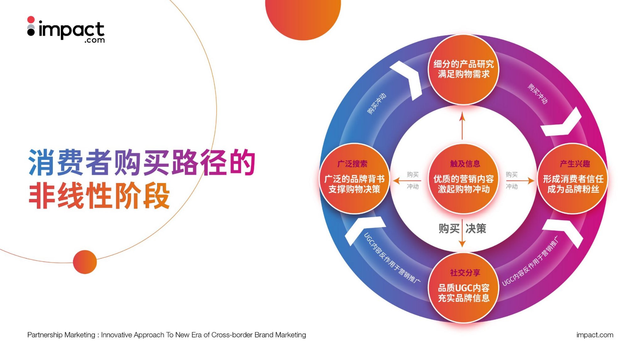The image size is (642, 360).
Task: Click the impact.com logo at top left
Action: point(66,30)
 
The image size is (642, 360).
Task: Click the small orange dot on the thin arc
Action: point(85,262)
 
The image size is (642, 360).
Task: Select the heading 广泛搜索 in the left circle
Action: point(352,164)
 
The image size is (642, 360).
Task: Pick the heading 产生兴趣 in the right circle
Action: point(575,164)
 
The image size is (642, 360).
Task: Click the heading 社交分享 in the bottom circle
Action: point(465,273)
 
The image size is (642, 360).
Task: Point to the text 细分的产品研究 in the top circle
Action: point(464,64)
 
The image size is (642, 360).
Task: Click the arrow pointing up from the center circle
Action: point(462,126)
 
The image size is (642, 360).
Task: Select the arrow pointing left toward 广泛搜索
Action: point(407,181)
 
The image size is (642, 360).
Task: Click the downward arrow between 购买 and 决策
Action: point(462,233)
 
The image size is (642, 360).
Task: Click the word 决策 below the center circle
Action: point(476,229)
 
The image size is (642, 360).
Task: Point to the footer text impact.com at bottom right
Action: point(595,335)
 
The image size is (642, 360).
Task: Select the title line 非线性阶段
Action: point(99,196)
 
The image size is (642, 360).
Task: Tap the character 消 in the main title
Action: point(42,162)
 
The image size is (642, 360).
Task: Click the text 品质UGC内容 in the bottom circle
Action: point(464,288)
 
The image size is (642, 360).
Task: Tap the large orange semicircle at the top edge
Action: point(303,17)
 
